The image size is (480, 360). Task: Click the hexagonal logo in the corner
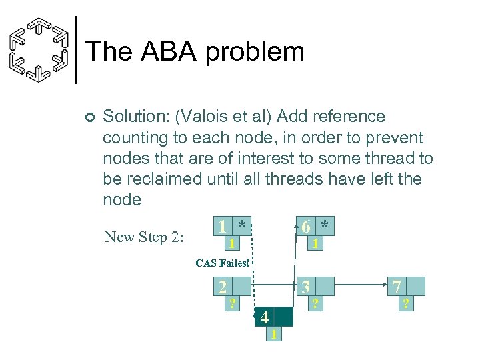coord(40,51)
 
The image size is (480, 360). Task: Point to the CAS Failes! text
coord(222,263)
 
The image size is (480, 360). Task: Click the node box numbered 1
coord(223,227)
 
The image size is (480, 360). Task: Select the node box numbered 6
coord(306,227)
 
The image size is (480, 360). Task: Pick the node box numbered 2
coord(223,287)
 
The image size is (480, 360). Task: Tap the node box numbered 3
coord(306,287)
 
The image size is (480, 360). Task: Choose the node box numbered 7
coord(397,287)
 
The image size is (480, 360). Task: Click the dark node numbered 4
coord(265,317)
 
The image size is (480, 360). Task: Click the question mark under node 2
coord(232,303)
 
